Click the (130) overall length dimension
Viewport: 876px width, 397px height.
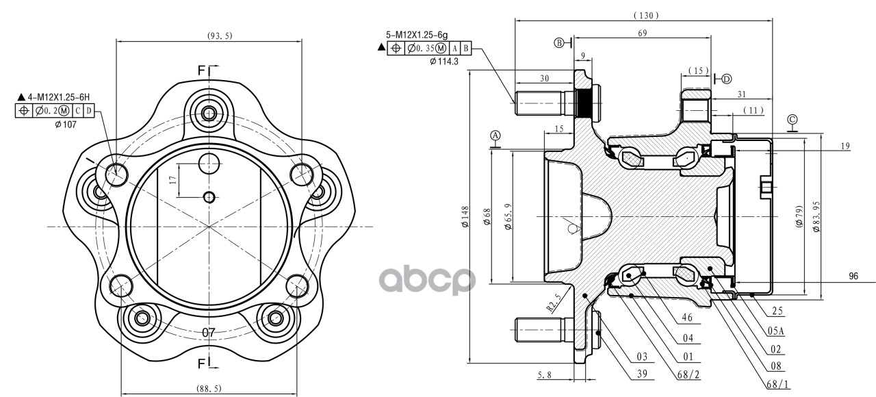tap(646, 16)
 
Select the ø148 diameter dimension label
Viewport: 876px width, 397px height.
tap(465, 217)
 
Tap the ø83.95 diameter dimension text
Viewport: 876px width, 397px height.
tap(816, 217)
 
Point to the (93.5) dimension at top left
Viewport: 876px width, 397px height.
tap(220, 36)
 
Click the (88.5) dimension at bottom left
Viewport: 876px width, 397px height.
tap(209, 388)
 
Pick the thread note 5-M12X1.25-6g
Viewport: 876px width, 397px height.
tap(417, 35)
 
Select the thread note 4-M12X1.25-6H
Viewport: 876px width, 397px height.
tap(58, 97)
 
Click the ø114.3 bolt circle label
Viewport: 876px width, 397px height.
tap(444, 62)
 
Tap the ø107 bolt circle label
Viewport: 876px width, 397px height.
tap(65, 125)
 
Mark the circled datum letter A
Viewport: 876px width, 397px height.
tap(495, 136)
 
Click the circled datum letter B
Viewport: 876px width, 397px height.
tap(559, 42)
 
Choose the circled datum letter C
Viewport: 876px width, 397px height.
tap(793, 119)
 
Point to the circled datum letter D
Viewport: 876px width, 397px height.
tap(727, 79)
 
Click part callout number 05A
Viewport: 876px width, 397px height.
tap(776, 331)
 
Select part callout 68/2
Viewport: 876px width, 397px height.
tap(688, 374)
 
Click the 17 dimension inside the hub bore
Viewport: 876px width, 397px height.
tap(172, 180)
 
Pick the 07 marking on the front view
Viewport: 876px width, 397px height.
tap(209, 333)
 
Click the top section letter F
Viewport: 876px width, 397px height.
tap(201, 71)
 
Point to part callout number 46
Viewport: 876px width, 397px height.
tap(687, 318)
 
